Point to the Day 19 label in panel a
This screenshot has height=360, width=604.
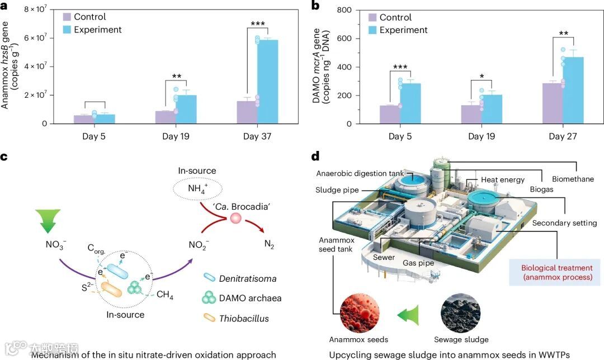[177, 136]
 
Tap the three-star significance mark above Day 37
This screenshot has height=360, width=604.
[257, 23]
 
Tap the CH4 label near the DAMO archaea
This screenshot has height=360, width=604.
[164, 295]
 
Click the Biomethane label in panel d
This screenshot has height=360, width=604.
[573, 179]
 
